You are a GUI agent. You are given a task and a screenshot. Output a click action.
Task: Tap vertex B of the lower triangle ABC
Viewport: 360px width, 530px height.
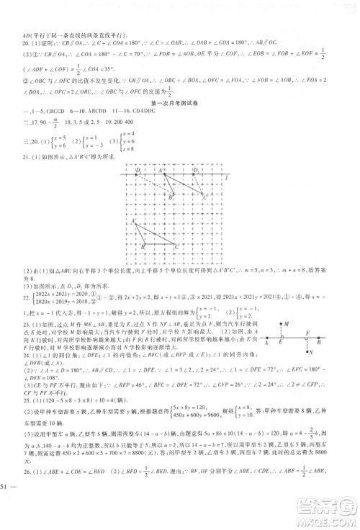coord(144,245)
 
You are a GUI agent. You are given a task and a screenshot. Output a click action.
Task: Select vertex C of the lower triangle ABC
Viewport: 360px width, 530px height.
coord(174,244)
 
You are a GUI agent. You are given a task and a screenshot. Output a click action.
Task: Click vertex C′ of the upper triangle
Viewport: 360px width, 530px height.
coord(202,195)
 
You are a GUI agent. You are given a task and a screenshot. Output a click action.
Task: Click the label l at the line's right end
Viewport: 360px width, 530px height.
coord(226,176)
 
